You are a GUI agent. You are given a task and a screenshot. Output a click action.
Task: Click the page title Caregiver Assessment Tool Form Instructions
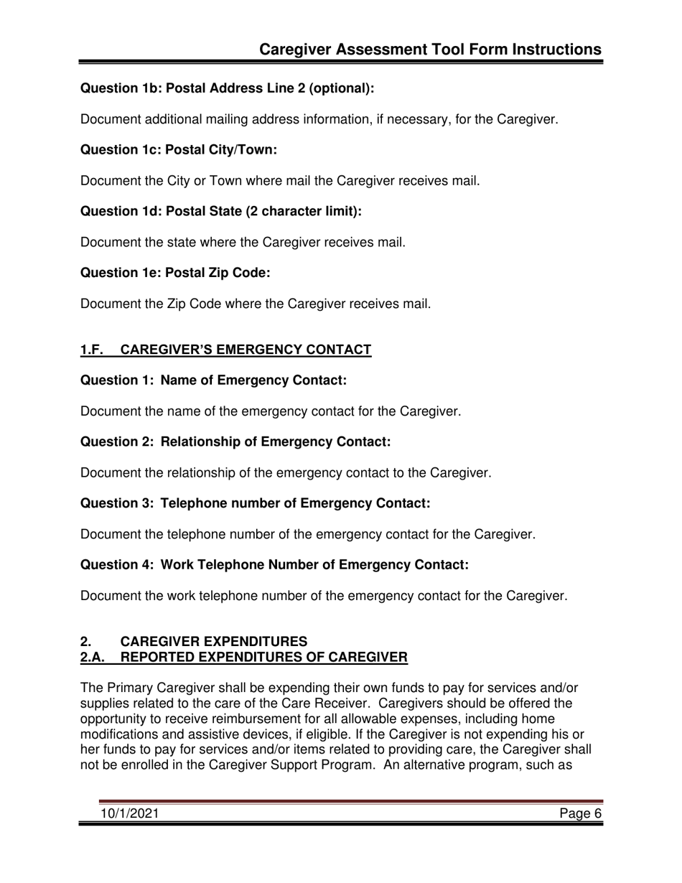[x=429, y=49]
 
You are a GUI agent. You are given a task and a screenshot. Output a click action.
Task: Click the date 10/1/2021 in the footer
[x=130, y=813]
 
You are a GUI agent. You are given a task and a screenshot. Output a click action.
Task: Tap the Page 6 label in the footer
[x=581, y=813]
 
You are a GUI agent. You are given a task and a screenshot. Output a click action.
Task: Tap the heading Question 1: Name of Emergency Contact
[x=213, y=380]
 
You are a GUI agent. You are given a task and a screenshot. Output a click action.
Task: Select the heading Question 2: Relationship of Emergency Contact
[x=235, y=442]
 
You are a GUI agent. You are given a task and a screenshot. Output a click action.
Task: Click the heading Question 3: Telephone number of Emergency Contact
[x=255, y=504]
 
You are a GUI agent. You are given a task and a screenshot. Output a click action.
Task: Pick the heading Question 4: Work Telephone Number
[x=274, y=566]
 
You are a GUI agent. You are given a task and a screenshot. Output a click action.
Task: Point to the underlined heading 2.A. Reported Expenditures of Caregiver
[x=244, y=657]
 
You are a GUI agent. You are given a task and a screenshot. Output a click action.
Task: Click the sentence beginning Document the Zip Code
[x=256, y=304]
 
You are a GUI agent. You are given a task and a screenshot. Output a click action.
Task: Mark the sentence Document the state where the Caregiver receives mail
[x=243, y=242]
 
